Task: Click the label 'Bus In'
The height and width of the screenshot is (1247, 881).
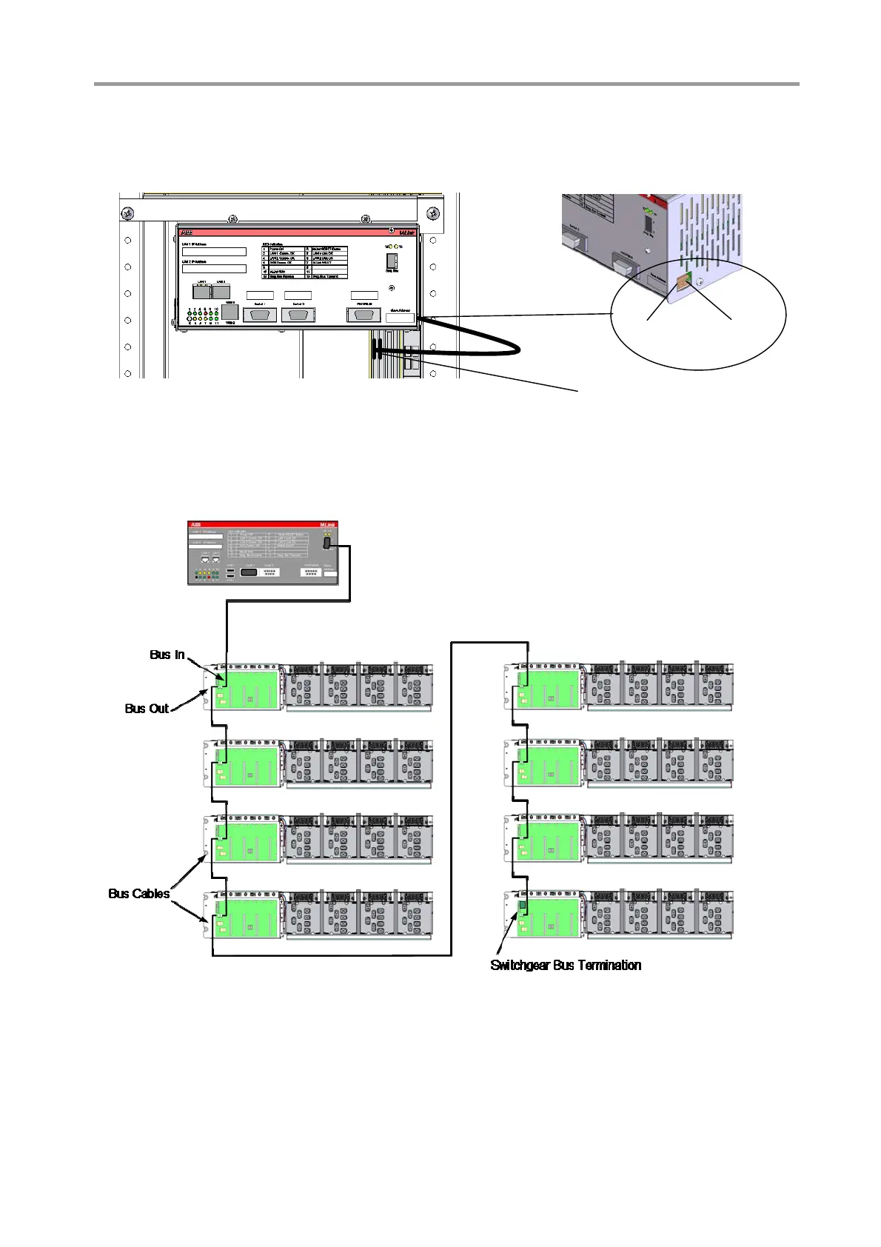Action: click(x=167, y=655)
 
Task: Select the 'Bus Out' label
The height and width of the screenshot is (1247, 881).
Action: click(x=147, y=709)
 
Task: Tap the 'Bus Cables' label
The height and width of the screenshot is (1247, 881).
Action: click(x=138, y=894)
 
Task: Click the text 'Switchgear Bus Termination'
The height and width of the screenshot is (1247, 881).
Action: click(x=566, y=965)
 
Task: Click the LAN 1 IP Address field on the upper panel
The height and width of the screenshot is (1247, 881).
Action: click(x=214, y=252)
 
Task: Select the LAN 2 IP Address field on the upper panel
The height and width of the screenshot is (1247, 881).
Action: click(x=214, y=269)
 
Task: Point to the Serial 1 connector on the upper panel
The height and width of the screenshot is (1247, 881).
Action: click(x=260, y=314)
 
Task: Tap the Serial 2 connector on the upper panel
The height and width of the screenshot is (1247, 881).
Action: click(x=298, y=314)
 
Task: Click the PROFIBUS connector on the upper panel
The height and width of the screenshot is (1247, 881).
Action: click(x=364, y=314)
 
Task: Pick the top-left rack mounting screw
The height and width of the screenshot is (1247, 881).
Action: click(x=127, y=214)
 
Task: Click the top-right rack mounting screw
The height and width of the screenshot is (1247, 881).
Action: click(x=433, y=214)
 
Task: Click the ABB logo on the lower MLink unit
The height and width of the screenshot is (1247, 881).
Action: click(x=196, y=524)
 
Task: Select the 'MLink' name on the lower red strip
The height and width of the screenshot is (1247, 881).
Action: click(x=328, y=524)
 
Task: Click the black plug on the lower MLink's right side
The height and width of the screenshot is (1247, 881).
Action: click(x=326, y=543)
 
